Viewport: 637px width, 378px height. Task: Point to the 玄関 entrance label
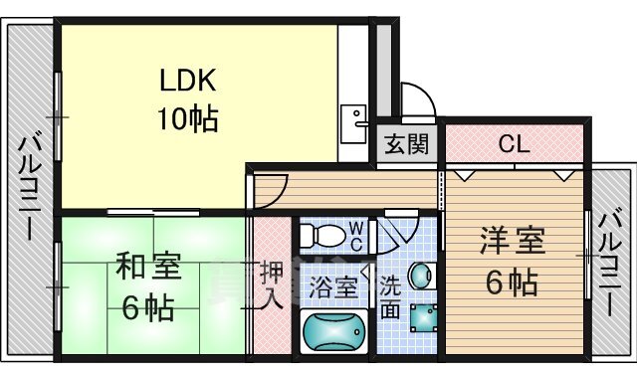(407, 144)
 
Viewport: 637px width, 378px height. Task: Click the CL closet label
(514, 144)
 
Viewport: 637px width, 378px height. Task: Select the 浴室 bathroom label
(332, 287)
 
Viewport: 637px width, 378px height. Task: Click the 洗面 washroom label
(390, 296)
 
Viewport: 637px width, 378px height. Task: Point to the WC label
(355, 235)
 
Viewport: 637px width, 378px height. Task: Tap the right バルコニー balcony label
(610, 261)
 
